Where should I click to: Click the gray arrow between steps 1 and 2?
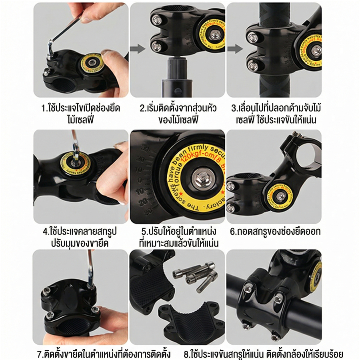click(137, 49)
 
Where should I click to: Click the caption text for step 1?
click(81, 114)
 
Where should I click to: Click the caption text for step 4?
click(80, 237)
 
